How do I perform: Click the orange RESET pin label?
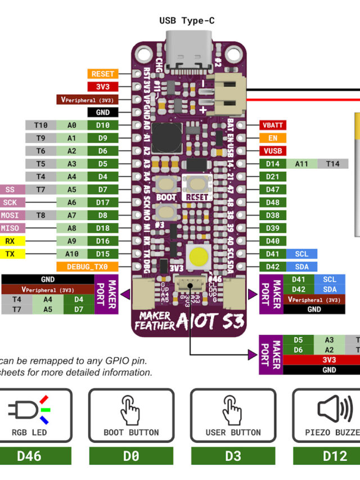pyautogui.click(x=103, y=74)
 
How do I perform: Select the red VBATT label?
pyautogui.click(x=273, y=125)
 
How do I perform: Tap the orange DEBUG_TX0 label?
pyautogui.click(x=87, y=267)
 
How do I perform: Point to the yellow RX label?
pyautogui.click(x=10, y=241)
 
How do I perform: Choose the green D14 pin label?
pyautogui.click(x=273, y=164)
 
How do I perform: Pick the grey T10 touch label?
pyautogui.click(x=40, y=125)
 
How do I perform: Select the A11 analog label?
pyautogui.click(x=301, y=164)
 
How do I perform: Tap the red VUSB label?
pyautogui.click(x=273, y=151)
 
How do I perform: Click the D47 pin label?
pyautogui.click(x=273, y=190)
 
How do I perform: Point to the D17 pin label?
pyautogui.click(x=102, y=203)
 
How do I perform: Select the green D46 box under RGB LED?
pyautogui.click(x=29, y=456)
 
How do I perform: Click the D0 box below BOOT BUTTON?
pyautogui.click(x=131, y=456)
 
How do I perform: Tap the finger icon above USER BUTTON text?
pyautogui.click(x=232, y=409)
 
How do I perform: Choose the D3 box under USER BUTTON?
pyautogui.click(x=232, y=456)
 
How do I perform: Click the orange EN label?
pyautogui.click(x=273, y=138)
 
